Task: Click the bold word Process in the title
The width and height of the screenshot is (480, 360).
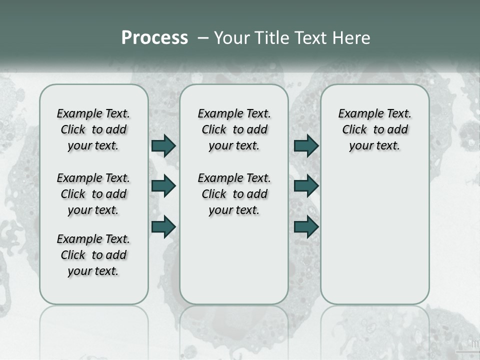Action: pyautogui.click(x=154, y=38)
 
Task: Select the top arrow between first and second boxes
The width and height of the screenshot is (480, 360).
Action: pyautogui.click(x=163, y=145)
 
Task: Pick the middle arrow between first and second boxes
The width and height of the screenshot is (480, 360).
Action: pyautogui.click(x=163, y=186)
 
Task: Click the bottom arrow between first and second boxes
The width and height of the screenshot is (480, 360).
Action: pyautogui.click(x=163, y=226)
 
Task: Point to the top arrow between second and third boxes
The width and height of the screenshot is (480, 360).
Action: pyautogui.click(x=306, y=145)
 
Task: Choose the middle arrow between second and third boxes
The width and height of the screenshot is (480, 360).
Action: pyautogui.click(x=306, y=186)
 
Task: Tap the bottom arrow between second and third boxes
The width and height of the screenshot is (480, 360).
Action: pyautogui.click(x=306, y=226)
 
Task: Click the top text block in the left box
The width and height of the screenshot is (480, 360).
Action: pyautogui.click(x=93, y=129)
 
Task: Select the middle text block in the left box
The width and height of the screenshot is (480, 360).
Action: pyautogui.click(x=93, y=194)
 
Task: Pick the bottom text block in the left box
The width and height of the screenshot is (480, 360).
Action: pyautogui.click(x=93, y=255)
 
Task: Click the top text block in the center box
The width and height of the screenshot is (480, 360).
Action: pyautogui.click(x=234, y=129)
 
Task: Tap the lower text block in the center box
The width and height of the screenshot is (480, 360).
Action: pyautogui.click(x=234, y=194)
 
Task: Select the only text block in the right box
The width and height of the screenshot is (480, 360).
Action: pyautogui.click(x=375, y=129)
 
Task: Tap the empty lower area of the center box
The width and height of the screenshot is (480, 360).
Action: pyautogui.click(x=234, y=260)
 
